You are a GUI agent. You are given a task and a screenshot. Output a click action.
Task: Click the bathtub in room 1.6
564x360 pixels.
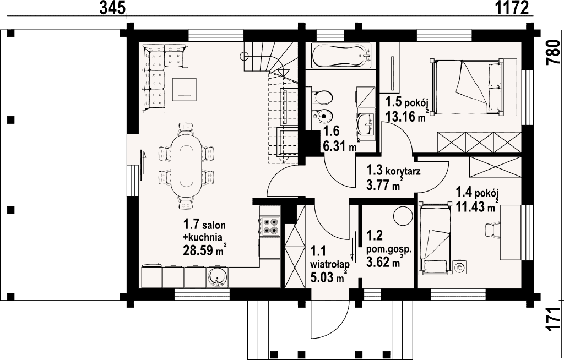[x=341, y=56]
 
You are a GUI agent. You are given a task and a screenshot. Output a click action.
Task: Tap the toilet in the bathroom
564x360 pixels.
[x=322, y=97]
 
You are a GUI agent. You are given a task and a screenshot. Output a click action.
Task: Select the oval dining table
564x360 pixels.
[x=187, y=165]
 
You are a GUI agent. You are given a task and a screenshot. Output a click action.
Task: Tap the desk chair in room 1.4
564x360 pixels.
[x=492, y=230]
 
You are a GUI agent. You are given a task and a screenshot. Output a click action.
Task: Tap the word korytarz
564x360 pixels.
[x=403, y=172]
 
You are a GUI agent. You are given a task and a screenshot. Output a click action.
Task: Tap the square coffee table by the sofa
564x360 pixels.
[x=185, y=90]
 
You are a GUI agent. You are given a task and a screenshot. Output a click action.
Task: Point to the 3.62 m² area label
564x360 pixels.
[x=383, y=263]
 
